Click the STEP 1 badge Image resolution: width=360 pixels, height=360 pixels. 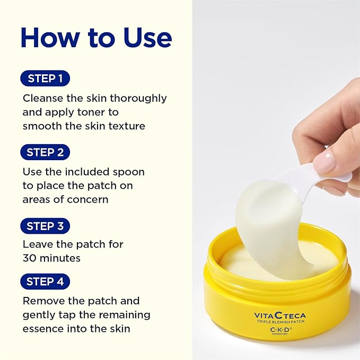pos(45,79)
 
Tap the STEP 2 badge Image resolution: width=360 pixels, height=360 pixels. pos(45,153)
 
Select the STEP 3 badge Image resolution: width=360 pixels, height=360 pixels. pos(45,226)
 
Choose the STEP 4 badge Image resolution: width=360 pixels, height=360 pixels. pos(45,282)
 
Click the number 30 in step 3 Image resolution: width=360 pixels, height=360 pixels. pos(30,258)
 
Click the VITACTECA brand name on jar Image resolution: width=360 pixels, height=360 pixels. pos(279,315)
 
